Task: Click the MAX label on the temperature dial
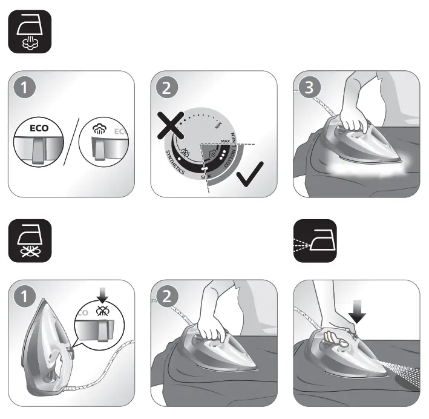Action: [225, 140]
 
